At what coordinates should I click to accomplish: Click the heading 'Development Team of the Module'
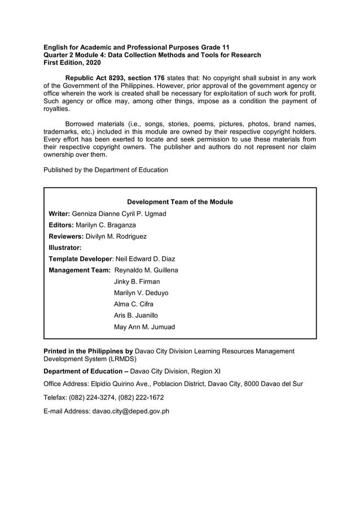coord(180,202)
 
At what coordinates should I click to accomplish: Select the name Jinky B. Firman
coord(137,282)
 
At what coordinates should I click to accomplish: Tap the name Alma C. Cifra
coord(134,304)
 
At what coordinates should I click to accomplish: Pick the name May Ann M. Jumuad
coord(144,327)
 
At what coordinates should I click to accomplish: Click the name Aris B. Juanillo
coord(136,315)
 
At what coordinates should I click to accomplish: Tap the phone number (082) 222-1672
coord(141,397)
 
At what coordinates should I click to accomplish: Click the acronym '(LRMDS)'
coord(117,358)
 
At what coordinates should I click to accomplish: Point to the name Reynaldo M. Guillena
coord(146,270)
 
